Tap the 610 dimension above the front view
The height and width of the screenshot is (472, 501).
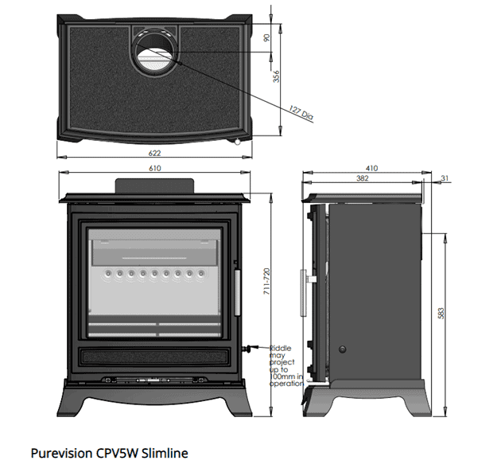coord(155,169)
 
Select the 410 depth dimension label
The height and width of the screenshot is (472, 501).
coord(371,169)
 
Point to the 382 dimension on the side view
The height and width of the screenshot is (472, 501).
coord(363,179)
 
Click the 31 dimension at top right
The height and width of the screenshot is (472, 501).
coord(444,178)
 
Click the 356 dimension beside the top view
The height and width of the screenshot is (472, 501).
coord(277,77)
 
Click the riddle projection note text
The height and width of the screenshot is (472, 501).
coord(286,365)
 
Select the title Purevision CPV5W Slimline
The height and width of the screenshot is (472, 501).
coord(109,454)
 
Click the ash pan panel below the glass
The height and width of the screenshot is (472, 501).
coord(155,355)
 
